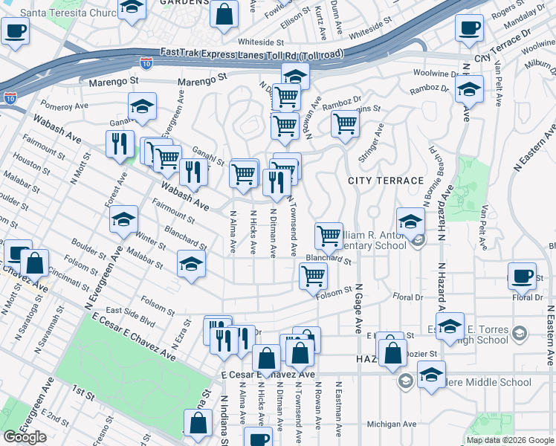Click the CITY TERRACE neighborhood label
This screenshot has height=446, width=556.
(x=386, y=181)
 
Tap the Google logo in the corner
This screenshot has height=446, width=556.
(x=25, y=437)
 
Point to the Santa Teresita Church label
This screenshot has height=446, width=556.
(x=65, y=13)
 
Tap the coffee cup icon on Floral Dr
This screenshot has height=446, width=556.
(x=522, y=277)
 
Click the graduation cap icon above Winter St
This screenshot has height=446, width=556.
(x=123, y=219)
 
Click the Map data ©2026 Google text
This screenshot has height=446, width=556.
(x=509, y=440)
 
